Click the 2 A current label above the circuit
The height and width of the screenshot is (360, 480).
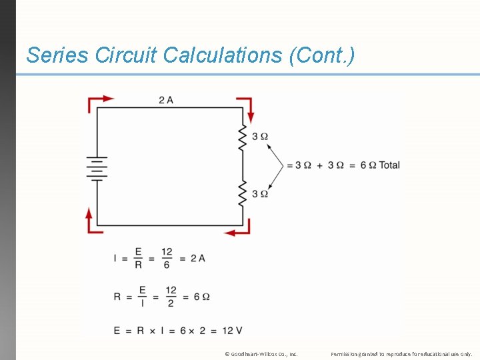166,100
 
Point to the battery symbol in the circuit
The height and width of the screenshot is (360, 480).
97,168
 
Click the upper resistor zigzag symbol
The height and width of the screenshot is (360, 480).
243,137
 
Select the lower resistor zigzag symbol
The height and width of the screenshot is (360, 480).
243,193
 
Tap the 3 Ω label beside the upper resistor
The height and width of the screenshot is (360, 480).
260,137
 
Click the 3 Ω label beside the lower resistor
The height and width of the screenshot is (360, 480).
260,193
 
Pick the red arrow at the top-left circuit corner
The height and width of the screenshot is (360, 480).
98,101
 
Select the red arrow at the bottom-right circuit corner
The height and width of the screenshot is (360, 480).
239,231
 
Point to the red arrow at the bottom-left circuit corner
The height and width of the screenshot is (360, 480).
90,219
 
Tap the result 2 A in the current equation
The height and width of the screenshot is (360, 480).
197,258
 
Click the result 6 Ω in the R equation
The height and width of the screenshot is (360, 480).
201,296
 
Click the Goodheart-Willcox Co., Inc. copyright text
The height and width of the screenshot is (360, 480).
261,354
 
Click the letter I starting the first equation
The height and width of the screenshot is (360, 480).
115,258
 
